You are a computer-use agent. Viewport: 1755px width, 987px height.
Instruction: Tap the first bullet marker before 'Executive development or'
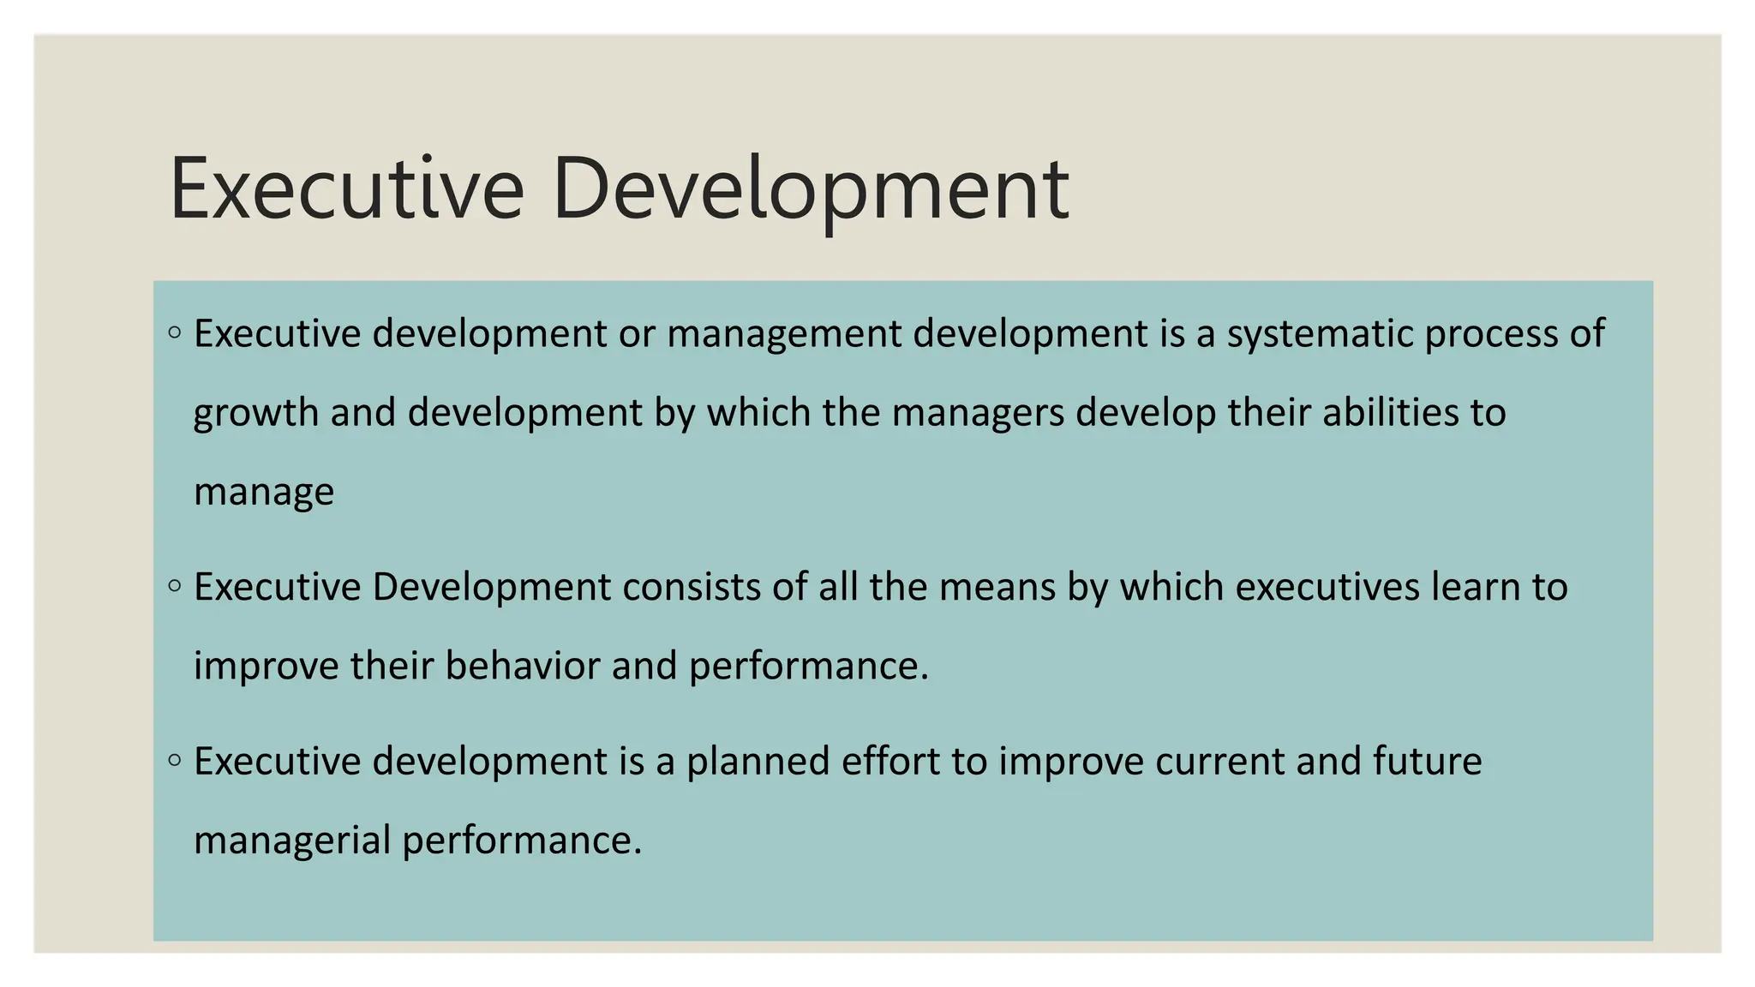pos(175,332)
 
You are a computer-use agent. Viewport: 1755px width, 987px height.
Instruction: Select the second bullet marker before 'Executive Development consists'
pos(175,586)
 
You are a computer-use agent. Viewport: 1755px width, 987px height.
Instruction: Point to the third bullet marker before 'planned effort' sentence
pos(175,759)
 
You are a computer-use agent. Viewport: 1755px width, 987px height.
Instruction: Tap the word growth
pos(255,414)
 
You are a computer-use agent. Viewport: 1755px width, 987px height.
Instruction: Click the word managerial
pos(292,840)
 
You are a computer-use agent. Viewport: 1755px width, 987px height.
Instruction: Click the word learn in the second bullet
pos(1475,588)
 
